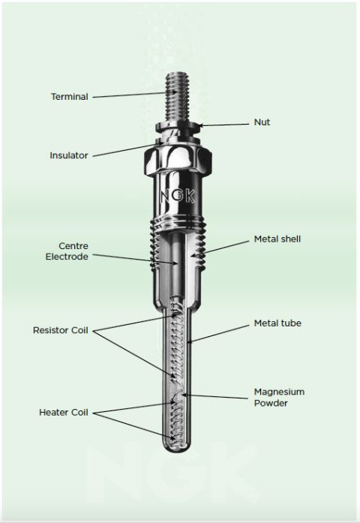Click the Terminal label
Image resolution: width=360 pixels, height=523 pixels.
69,97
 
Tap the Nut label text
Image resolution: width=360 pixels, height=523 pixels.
262,122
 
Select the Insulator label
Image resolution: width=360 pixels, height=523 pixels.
68,156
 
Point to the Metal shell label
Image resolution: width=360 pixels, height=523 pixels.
277,239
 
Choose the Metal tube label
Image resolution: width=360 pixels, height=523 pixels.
277,323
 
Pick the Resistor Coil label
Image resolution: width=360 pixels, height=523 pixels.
61,330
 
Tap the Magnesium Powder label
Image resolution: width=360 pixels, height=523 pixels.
279,397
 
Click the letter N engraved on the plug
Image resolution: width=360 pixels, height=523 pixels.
165,197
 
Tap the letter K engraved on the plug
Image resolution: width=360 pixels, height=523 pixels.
192,197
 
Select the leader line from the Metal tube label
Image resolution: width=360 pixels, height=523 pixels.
222,333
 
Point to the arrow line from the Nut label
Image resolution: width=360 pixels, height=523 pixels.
225,124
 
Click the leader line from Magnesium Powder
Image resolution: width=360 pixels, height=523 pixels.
217,396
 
